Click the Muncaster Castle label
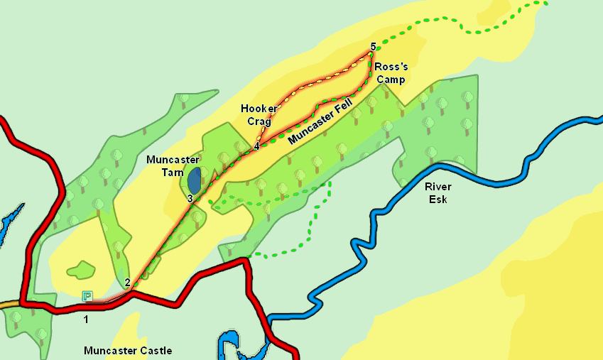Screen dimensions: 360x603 pyautogui.click(x=128, y=350)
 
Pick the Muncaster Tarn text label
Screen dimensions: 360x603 pyautogui.click(x=173, y=165)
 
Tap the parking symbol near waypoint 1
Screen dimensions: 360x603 pyautogui.click(x=87, y=296)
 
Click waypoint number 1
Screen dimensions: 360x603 pyautogui.click(x=86, y=320)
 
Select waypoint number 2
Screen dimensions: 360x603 pyautogui.click(x=127, y=283)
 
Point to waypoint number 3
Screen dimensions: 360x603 pyautogui.click(x=190, y=199)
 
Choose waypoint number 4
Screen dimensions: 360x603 pyautogui.click(x=256, y=146)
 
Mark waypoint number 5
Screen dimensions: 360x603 pyautogui.click(x=373, y=47)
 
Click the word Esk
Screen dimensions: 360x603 pyautogui.click(x=438, y=199)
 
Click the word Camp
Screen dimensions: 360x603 pyautogui.click(x=391, y=80)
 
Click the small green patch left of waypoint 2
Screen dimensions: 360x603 pyautogui.click(x=80, y=270)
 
